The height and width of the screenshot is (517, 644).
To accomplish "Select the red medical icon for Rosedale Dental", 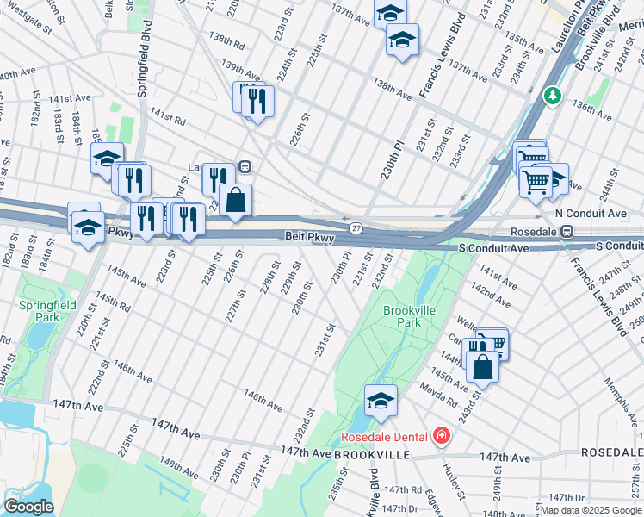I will [442, 436].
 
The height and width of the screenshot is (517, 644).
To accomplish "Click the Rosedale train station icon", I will [567, 231].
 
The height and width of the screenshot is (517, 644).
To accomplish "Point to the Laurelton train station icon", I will [245, 166].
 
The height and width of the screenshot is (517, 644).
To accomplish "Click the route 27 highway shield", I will [355, 227].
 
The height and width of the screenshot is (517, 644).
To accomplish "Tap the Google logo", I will [28, 507].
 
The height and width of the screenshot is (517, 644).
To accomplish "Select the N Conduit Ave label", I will [591, 213].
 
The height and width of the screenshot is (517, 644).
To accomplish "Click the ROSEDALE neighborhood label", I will [610, 452].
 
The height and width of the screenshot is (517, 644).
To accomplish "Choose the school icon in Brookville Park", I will [381, 401].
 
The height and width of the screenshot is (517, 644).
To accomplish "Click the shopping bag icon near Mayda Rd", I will [484, 365].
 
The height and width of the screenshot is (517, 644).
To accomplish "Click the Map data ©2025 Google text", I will [589, 510].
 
